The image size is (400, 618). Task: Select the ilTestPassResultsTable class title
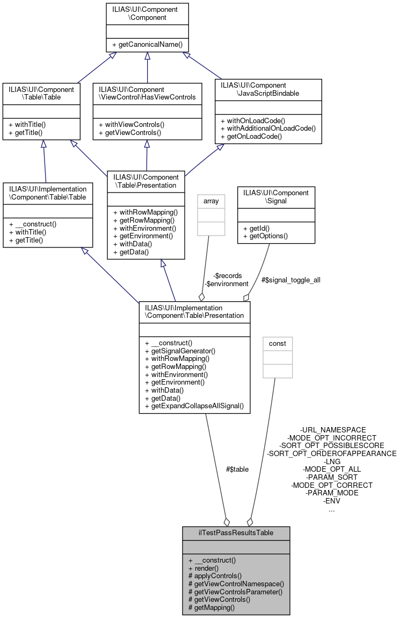point(236,532)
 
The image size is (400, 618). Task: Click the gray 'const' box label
point(277,343)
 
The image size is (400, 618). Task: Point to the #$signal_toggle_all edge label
point(290,280)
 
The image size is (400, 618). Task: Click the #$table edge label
point(237,469)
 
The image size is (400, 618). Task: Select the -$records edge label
point(227,276)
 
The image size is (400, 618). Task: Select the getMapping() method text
point(212,607)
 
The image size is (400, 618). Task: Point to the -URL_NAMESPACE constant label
point(333,430)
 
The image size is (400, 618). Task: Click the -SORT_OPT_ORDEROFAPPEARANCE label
point(331,453)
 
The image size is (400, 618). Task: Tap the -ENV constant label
point(331,501)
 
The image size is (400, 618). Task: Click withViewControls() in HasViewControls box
point(131,124)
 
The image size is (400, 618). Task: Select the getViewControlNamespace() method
point(236,584)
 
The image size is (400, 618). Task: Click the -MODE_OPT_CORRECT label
point(331,485)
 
